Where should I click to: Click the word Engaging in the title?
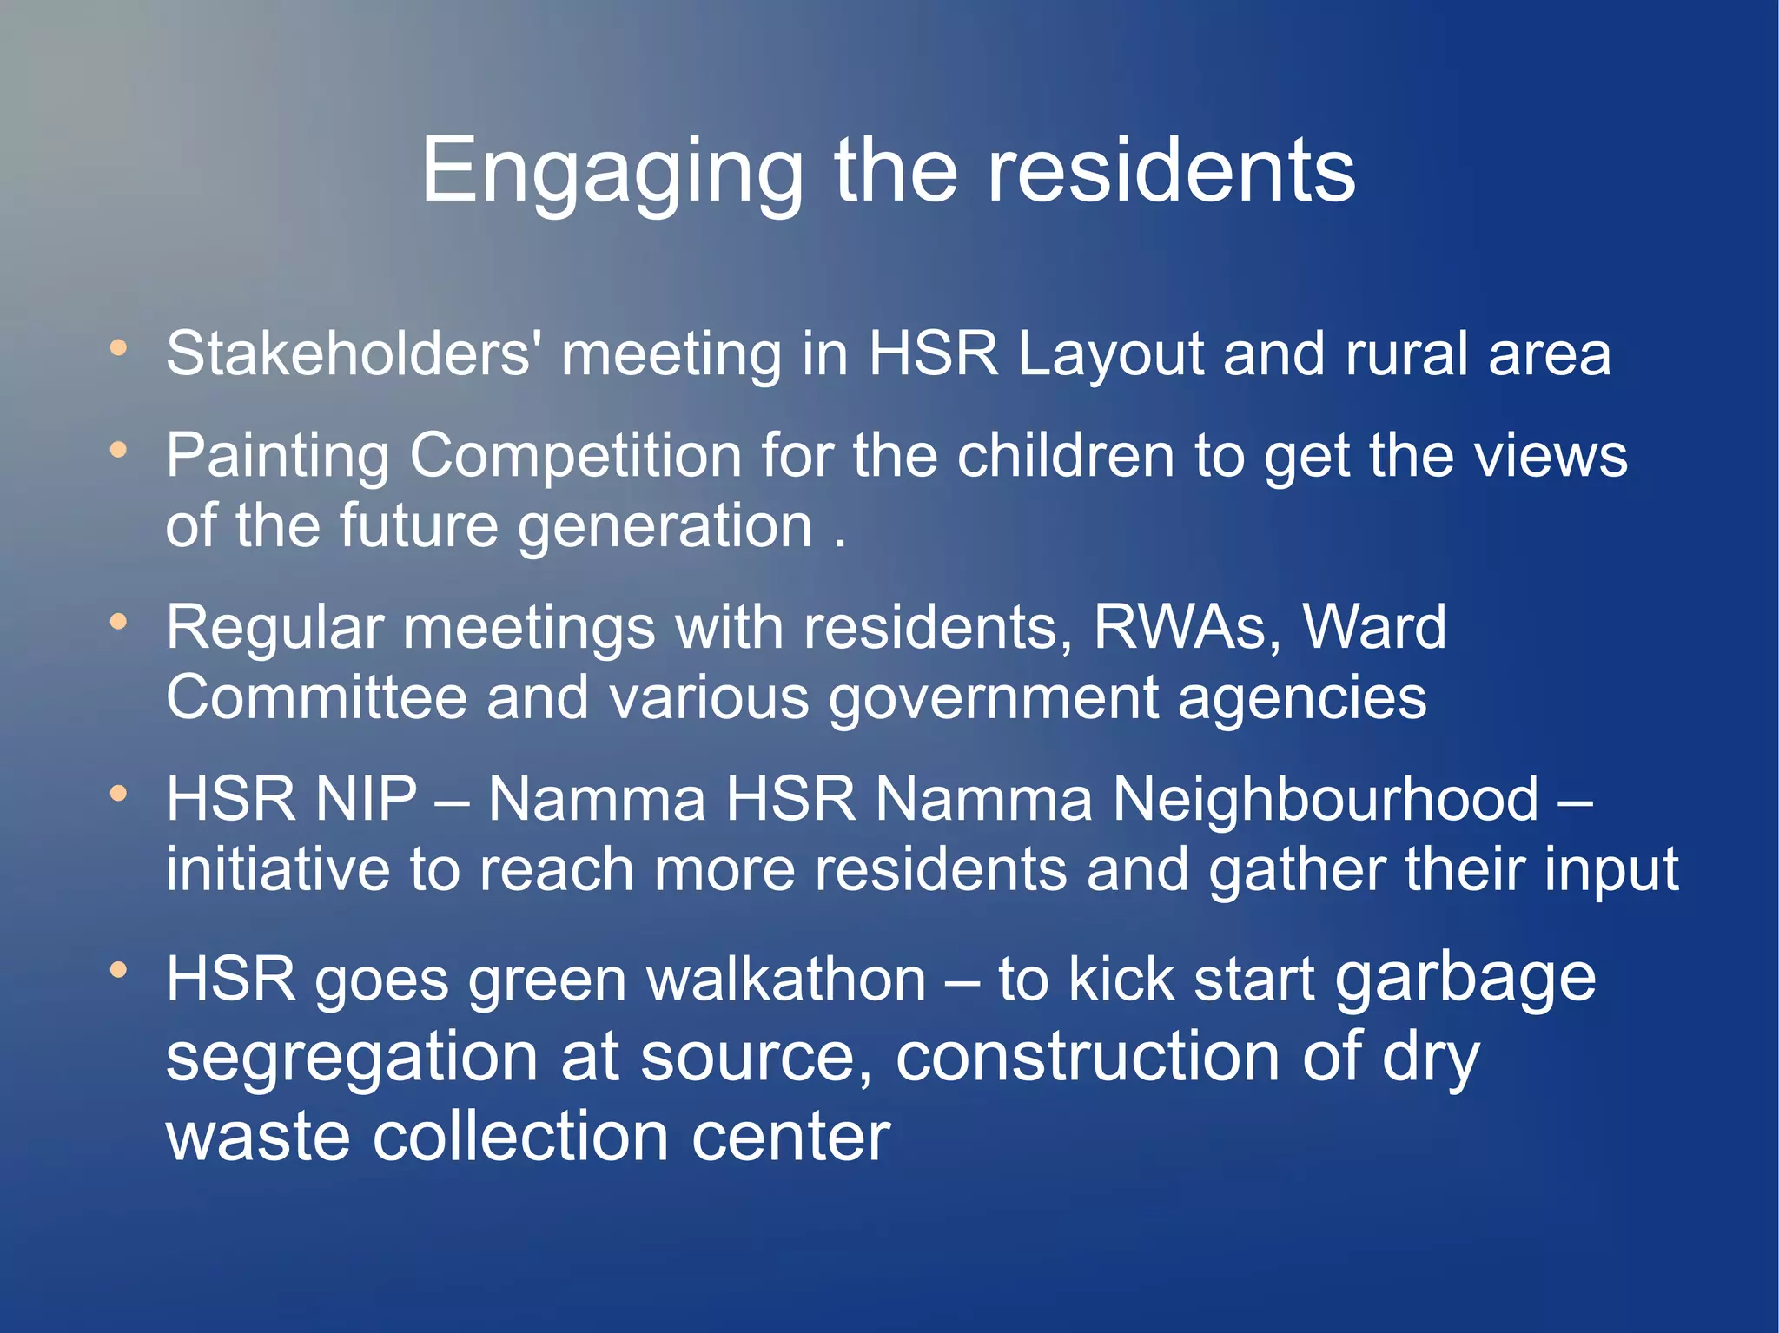[612, 174]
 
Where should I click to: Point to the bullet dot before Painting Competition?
[119, 450]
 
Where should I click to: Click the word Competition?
[575, 457]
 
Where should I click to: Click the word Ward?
[1374, 627]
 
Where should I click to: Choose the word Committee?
[316, 697]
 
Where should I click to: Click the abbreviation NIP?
[366, 799]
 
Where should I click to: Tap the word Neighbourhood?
[1325, 799]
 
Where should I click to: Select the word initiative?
[278, 869]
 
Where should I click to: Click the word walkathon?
[786, 980]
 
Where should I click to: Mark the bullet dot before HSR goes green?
[119, 968]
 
